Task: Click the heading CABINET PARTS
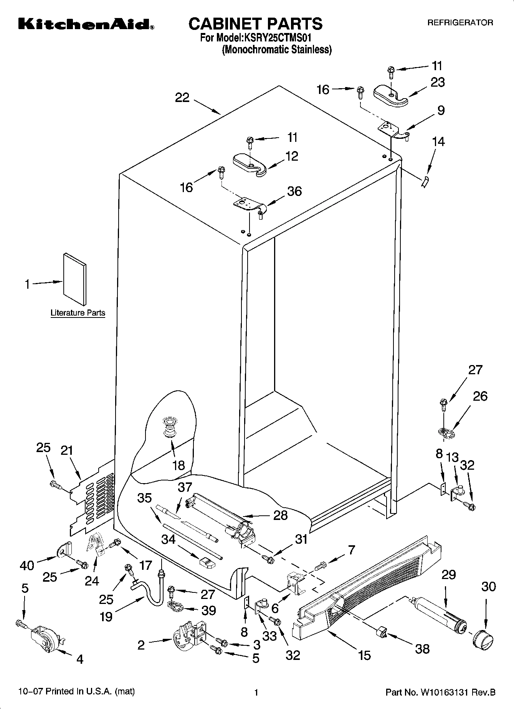coord(255,23)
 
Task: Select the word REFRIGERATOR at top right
coord(460,23)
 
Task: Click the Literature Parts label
coord(78,313)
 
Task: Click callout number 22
coord(182,98)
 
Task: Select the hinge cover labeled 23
coord(390,96)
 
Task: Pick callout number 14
coord(438,141)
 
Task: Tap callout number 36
coord(294,191)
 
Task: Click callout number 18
coord(178,465)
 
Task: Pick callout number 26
coord(479,396)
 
